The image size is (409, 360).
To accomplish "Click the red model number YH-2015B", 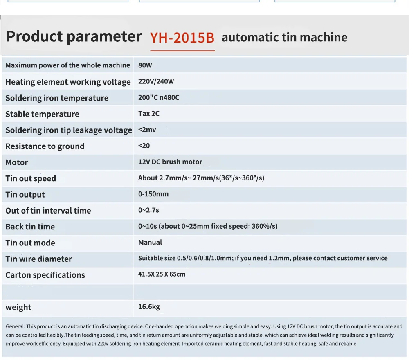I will coord(182,38).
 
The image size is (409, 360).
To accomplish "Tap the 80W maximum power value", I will coord(145,65).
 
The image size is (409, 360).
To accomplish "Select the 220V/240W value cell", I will coord(156,81).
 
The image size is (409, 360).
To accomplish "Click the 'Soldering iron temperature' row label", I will coord(57,98).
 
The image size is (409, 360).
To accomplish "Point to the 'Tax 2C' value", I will coord(149,114).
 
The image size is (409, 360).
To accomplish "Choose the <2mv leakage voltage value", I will coord(147,130).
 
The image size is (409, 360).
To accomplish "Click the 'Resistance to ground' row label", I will coord(45,146).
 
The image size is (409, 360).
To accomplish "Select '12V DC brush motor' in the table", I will coord(170,162).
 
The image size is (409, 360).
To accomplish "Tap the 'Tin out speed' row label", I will coord(31,179).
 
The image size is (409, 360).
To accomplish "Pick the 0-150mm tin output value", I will coord(153,194).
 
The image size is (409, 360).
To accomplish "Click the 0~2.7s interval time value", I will coord(148,210).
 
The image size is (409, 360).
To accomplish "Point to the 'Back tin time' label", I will coord(30,227).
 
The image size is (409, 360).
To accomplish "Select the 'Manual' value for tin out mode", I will coord(150,242).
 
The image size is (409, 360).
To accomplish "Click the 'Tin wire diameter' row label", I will coord(38,259).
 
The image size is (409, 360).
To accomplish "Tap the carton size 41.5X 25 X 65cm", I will coord(162,274).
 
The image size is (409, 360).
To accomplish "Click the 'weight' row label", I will coord(18,307).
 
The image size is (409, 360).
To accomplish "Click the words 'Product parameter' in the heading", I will coord(74,37).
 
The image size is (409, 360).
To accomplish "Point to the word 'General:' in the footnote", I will coord(16,326).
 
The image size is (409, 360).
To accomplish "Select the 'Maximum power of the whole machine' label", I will coord(67,65).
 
